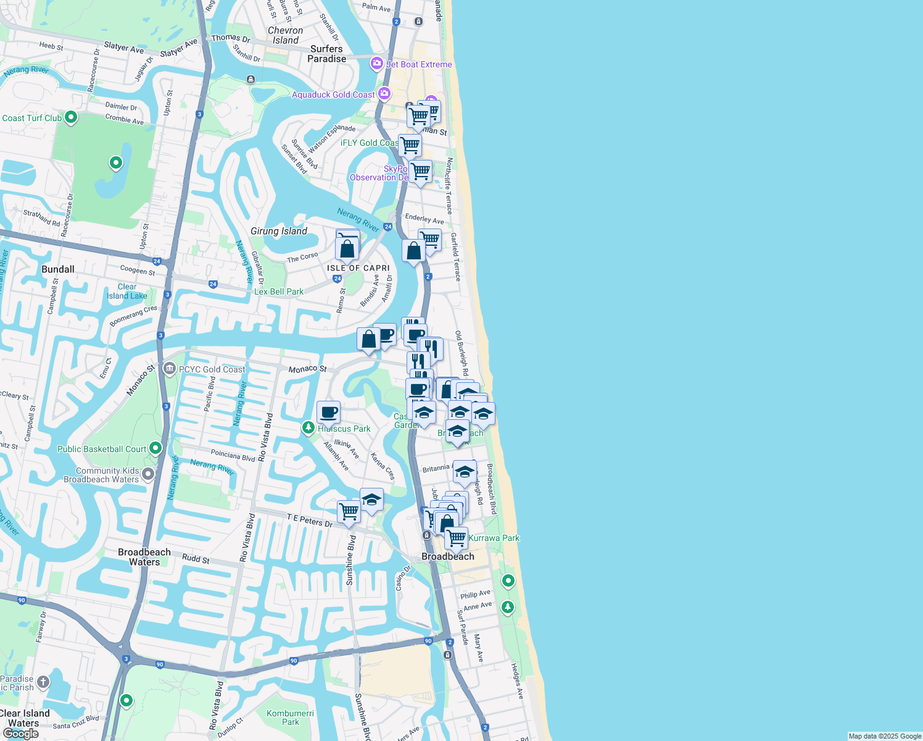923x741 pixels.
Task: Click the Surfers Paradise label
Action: (x=326, y=54)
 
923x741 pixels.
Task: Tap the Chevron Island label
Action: (x=285, y=35)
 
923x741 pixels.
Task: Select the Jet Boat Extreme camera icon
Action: (x=376, y=63)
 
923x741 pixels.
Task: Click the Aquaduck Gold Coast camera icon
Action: (x=384, y=93)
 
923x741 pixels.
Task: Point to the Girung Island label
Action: (x=279, y=231)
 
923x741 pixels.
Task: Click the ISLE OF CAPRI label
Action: (x=358, y=268)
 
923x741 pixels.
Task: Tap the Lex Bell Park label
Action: (x=279, y=291)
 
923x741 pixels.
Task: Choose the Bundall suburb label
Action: (x=58, y=269)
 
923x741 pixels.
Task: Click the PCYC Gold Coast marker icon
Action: (x=170, y=369)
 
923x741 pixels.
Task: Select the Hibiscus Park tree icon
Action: (x=308, y=427)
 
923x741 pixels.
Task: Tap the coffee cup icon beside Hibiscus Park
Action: (x=329, y=411)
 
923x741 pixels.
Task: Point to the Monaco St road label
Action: (x=307, y=369)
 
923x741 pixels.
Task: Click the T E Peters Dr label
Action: (x=310, y=521)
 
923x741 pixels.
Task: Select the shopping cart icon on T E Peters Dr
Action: (x=349, y=511)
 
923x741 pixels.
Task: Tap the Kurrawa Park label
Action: (x=494, y=538)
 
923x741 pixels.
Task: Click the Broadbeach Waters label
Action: (x=144, y=557)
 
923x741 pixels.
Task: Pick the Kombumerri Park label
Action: (x=290, y=718)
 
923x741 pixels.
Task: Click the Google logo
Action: (x=21, y=733)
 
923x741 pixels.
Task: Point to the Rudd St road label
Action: (x=196, y=559)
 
